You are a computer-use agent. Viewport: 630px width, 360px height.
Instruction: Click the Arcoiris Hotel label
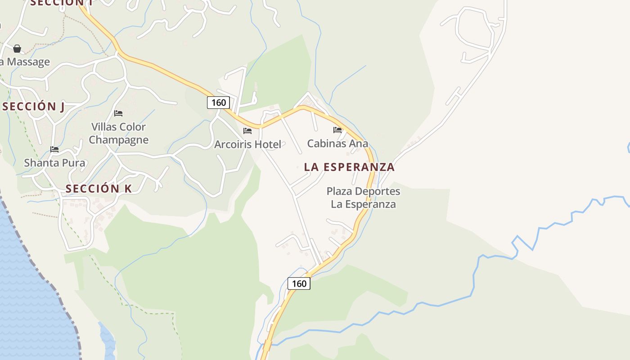tap(247, 144)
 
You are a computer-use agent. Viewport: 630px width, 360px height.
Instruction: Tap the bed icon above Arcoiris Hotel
tap(247, 131)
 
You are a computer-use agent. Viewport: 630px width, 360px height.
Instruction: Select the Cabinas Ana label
tap(337, 144)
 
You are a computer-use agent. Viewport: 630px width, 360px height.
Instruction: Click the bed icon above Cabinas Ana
tap(337, 130)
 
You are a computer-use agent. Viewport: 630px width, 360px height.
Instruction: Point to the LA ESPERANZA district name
tap(349, 167)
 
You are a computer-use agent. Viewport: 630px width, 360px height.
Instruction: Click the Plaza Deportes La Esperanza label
tap(363, 198)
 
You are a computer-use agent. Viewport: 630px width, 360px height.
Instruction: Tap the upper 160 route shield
tap(218, 103)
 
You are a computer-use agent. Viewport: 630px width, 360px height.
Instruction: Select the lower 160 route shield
tap(299, 283)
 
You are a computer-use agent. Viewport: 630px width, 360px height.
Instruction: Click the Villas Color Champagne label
tap(118, 133)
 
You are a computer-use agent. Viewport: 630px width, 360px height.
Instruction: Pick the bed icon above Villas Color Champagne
tap(118, 113)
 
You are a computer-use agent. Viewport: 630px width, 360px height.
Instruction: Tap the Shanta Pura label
tap(54, 163)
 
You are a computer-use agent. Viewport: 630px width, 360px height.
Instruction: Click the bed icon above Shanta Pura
tap(54, 149)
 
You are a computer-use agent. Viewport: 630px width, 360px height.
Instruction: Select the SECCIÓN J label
tap(33, 107)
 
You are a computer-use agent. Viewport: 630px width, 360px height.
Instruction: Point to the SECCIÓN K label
tap(99, 189)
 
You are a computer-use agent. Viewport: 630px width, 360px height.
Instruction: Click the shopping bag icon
tap(17, 49)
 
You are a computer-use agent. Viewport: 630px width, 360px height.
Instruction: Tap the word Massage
tap(28, 62)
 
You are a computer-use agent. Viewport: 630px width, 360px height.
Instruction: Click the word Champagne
tap(118, 140)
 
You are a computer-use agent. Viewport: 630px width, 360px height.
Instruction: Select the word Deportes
tap(376, 191)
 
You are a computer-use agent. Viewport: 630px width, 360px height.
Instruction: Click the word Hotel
tap(268, 144)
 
